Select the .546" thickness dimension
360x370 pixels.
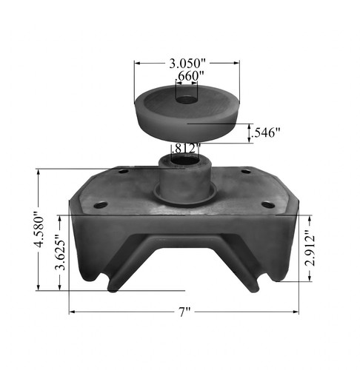click(265, 133)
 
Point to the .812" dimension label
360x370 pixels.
click(186, 148)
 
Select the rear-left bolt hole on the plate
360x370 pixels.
click(123, 172)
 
